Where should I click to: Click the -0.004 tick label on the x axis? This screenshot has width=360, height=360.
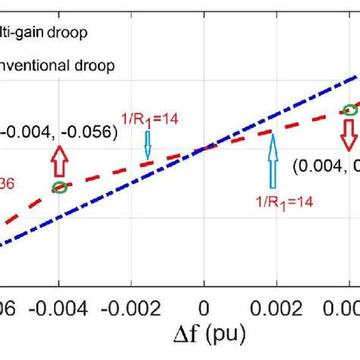pyautogui.click(x=58, y=306)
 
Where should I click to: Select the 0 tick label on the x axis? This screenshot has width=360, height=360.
pyautogui.click(x=204, y=306)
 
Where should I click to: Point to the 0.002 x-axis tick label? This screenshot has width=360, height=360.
pyautogui.click(x=276, y=306)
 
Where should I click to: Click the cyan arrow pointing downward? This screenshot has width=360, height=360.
pyautogui.click(x=147, y=126)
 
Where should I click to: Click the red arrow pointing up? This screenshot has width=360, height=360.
pyautogui.click(x=58, y=160)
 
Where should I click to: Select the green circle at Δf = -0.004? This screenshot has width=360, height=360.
pyautogui.click(x=58, y=187)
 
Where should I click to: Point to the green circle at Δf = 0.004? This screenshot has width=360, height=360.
pyautogui.click(x=349, y=110)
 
